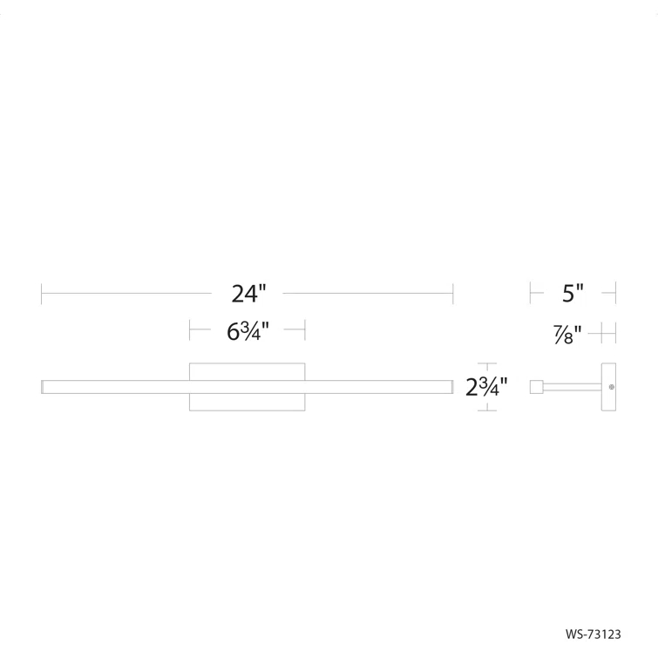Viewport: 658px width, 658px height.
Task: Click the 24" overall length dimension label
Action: (x=248, y=295)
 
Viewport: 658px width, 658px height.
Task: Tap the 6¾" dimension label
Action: (x=248, y=331)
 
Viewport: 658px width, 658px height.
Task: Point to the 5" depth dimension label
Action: (x=573, y=294)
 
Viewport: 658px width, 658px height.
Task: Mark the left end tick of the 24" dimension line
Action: (x=42, y=295)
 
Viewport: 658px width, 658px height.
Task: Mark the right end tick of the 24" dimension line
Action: (x=452, y=295)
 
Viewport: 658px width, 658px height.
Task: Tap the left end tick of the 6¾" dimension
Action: (x=190, y=330)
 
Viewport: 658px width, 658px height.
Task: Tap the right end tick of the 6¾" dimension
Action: (x=305, y=330)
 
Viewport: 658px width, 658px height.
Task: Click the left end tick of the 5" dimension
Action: (x=531, y=294)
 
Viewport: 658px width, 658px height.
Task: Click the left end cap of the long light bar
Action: (x=44, y=386)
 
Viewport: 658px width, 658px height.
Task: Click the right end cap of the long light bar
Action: (x=451, y=386)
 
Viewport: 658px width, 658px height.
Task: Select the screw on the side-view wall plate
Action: (x=611, y=387)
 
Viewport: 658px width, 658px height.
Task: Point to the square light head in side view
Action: (x=537, y=386)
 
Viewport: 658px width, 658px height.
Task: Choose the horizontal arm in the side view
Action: (x=572, y=386)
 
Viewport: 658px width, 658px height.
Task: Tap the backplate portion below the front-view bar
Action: (x=248, y=401)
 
